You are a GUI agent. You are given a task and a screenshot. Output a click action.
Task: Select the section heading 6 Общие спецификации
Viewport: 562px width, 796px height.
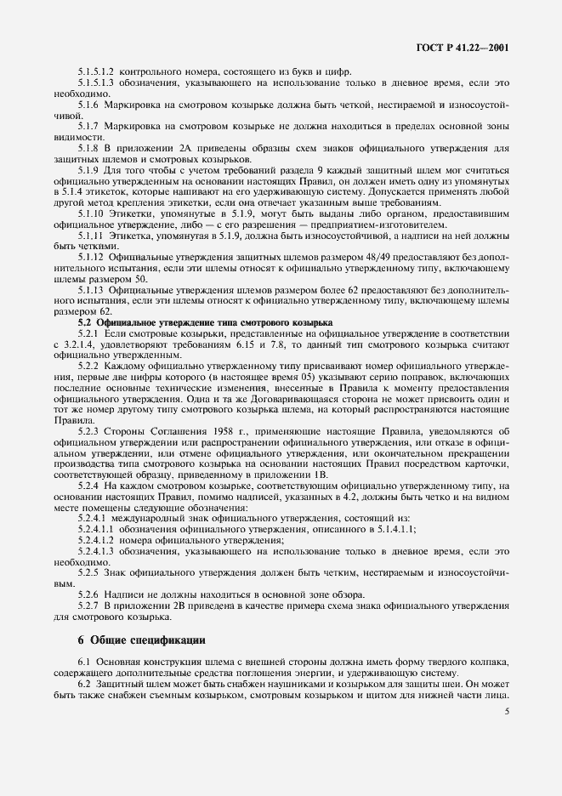136,640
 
